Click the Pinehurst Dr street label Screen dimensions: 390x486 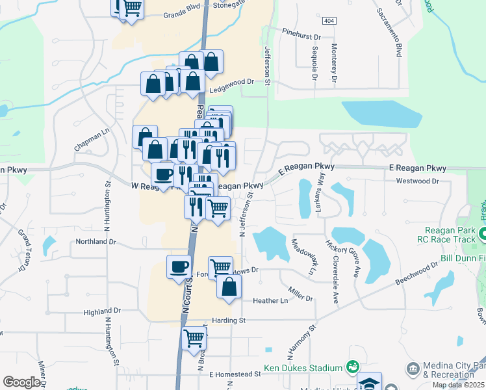(302, 31)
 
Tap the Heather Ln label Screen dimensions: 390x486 (270, 300)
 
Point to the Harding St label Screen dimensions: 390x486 (229, 320)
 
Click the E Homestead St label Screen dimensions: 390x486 (235, 374)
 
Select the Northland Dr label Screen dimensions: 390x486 (95, 241)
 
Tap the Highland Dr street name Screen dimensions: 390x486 (102, 312)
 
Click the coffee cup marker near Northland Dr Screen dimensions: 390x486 (179, 266)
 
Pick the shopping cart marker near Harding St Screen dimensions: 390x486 (194, 338)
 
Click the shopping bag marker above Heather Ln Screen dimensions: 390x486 (229, 287)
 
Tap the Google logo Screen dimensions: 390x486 (21, 382)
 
